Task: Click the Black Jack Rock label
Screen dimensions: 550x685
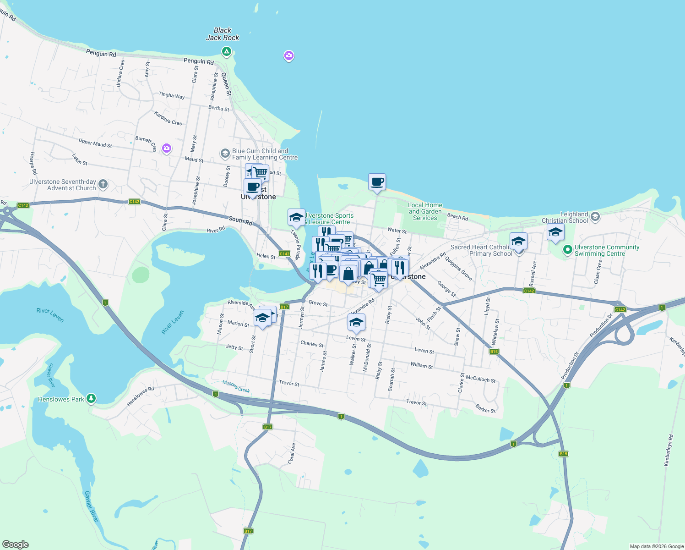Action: tap(223, 34)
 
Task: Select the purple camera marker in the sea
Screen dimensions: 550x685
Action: tap(288, 56)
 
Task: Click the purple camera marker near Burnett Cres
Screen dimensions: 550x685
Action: tap(167, 148)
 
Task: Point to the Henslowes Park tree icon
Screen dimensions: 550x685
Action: tap(91, 399)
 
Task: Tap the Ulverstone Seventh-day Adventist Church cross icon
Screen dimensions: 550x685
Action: tap(103, 185)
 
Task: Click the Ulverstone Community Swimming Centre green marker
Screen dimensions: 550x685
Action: tap(567, 250)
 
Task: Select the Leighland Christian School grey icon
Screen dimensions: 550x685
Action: tap(595, 217)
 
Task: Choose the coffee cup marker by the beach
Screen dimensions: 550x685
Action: tap(377, 182)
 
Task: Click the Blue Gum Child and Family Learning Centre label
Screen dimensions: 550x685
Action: tap(265, 154)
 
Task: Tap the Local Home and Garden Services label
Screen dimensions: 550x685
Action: tap(425, 211)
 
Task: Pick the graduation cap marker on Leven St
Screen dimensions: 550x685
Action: tap(356, 323)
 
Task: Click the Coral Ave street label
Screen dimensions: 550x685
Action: tap(292, 453)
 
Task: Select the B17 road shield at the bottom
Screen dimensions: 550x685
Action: tap(248, 531)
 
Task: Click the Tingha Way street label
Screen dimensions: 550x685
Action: tap(172, 95)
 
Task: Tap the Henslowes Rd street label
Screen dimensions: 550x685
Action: tap(140, 396)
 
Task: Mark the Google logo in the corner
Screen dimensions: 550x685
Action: tap(16, 544)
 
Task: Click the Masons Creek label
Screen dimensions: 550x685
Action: tap(236, 386)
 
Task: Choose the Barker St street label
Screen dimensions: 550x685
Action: tap(485, 408)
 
